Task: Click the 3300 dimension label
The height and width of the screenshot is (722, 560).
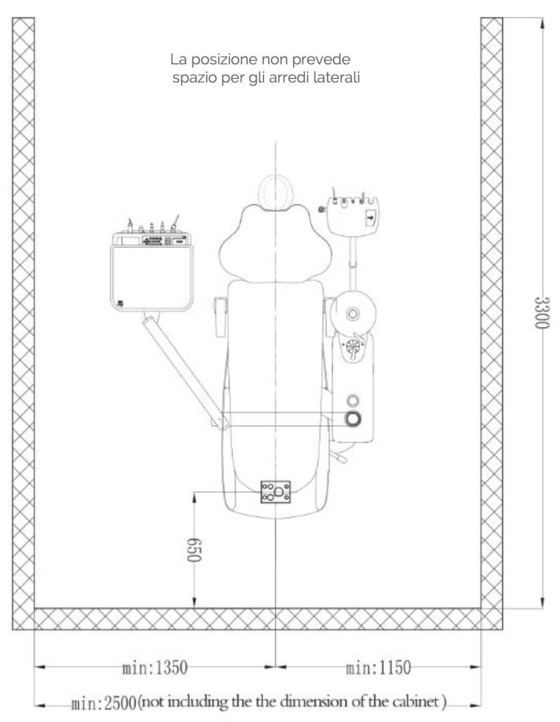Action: [542, 313]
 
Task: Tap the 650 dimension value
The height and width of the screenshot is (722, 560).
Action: [194, 550]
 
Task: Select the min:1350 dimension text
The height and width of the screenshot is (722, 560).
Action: [155, 667]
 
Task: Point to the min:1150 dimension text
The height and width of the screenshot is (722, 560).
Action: [378, 667]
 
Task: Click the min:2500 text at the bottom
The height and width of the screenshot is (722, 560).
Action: [104, 703]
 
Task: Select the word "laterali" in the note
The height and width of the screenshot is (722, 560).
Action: [336, 78]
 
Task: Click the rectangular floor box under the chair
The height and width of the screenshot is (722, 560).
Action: [275, 492]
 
